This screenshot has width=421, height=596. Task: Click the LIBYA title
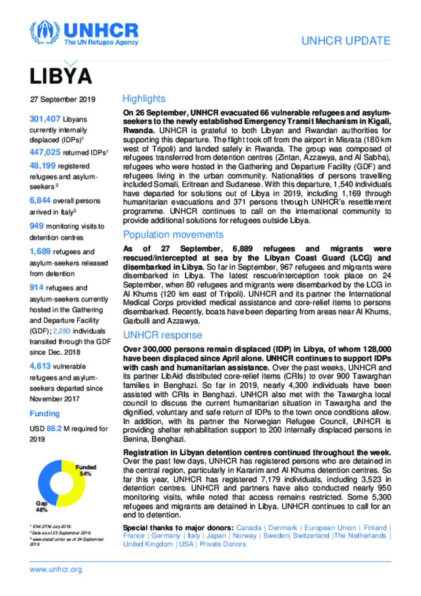click(x=60, y=76)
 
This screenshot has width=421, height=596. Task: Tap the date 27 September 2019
click(x=62, y=99)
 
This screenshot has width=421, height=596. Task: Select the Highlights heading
click(x=144, y=99)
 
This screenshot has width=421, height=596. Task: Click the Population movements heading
click(x=173, y=235)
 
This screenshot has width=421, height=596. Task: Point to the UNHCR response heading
click(x=162, y=335)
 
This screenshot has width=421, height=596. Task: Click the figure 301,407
click(x=45, y=119)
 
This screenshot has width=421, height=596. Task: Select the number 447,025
click(x=45, y=153)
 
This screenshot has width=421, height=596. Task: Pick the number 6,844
click(x=40, y=201)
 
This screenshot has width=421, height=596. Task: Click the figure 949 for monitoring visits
click(x=37, y=226)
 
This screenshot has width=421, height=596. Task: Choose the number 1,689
click(x=40, y=252)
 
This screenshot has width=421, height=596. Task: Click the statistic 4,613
click(x=40, y=366)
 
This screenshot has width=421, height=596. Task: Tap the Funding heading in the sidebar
click(x=44, y=414)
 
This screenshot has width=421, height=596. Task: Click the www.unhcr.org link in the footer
click(x=56, y=570)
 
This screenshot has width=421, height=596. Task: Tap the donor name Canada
click(x=249, y=528)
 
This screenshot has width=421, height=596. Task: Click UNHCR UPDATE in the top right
click(x=346, y=41)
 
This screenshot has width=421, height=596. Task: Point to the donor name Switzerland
click(x=311, y=536)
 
